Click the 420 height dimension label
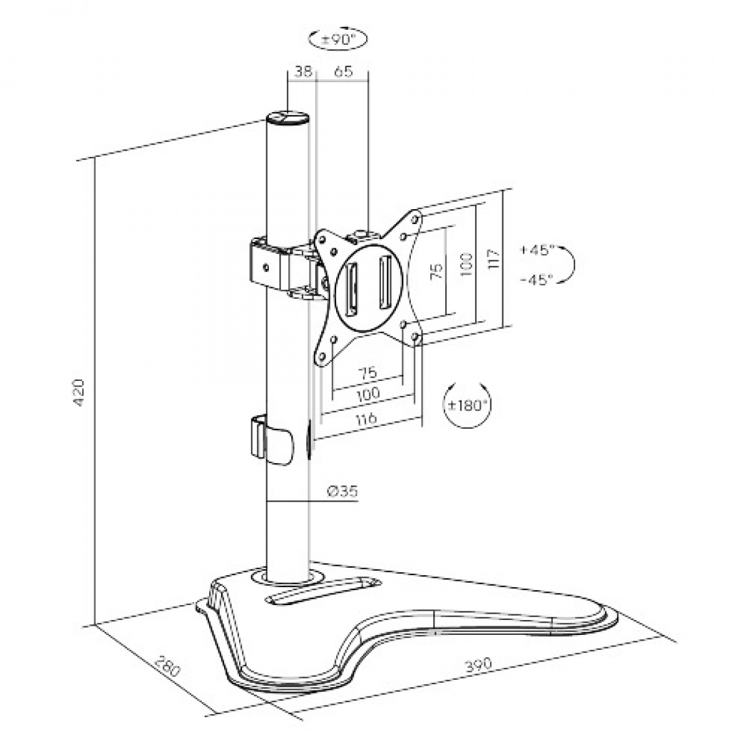[x=78, y=392]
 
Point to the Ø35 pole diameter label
[x=342, y=491]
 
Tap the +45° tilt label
[x=536, y=250]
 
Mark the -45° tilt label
[x=536, y=280]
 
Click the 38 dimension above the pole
[x=303, y=72]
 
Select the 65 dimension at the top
[x=344, y=72]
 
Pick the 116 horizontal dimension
[x=367, y=420]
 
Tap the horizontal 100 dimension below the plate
[x=369, y=394]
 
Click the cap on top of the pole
[x=288, y=118]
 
